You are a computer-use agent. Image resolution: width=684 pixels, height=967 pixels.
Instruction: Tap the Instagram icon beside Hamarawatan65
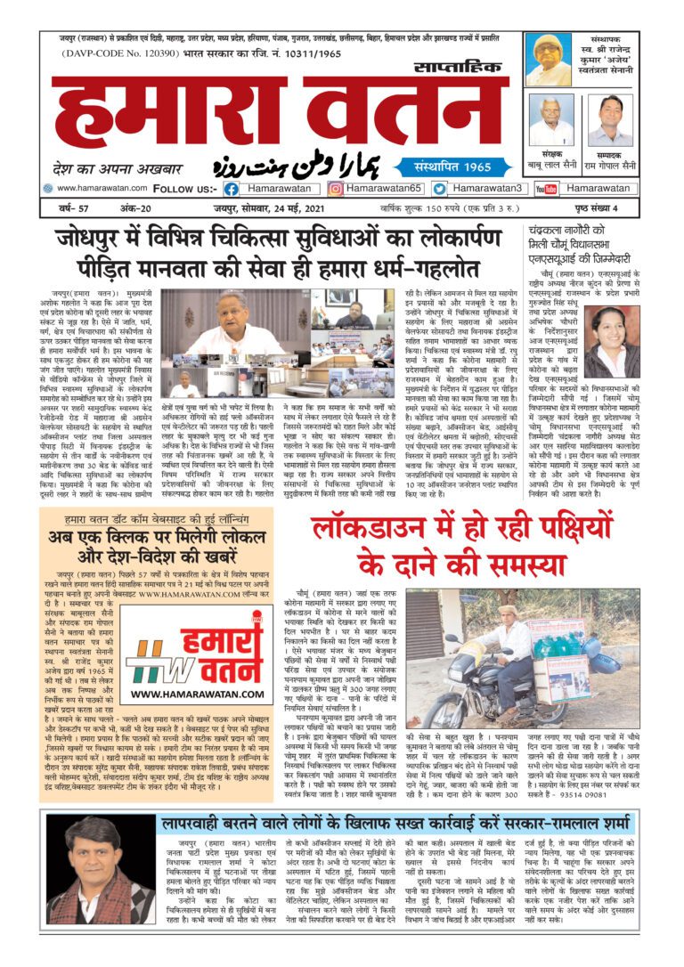[336, 189]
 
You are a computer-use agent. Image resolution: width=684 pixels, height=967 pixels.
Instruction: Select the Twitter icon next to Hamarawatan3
[440, 189]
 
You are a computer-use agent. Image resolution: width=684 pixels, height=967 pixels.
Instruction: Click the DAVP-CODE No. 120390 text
[108, 54]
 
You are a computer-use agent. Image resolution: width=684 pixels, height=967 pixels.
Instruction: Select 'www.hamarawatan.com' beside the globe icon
[102, 189]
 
